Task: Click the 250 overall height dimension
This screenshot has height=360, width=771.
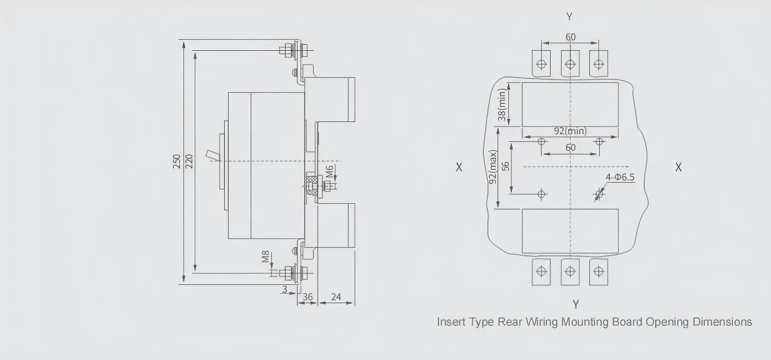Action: pos(177,161)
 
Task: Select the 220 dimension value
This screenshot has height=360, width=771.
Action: pos(189,161)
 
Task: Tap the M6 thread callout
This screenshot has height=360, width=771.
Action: pos(329,172)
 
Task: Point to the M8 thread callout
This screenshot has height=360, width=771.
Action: pos(266,257)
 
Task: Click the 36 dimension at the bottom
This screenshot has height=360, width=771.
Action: pos(308,297)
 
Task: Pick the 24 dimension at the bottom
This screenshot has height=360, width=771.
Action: pos(335,297)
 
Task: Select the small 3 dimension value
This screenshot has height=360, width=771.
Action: pos(284,289)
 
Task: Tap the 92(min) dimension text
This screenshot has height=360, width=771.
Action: pos(570,131)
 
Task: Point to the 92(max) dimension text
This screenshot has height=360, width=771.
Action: pos(493,167)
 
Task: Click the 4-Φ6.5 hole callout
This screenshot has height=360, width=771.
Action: pos(620,177)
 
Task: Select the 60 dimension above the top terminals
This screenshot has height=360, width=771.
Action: pos(570,37)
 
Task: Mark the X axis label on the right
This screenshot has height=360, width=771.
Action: pos(678,167)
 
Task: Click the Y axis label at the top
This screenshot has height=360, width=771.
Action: pos(569,17)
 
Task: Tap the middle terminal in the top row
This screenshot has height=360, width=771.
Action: pos(570,63)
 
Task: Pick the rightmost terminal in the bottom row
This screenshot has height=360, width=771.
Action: pos(598,272)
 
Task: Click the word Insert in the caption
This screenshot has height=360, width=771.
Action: pos(452,321)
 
